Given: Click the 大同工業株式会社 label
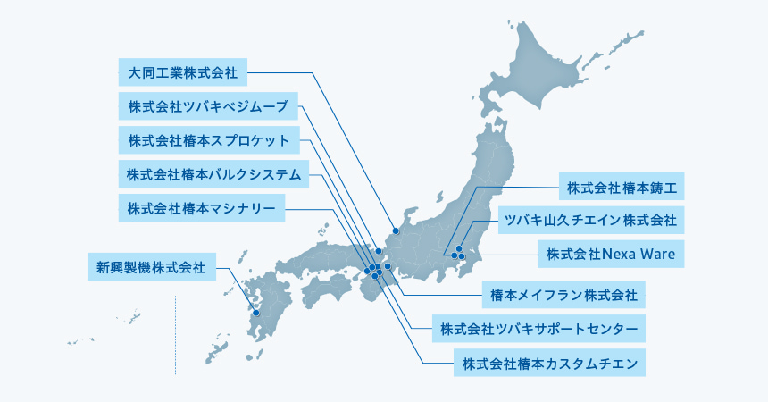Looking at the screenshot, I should click(x=182, y=71).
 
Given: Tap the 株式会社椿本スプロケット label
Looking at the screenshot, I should click(x=209, y=140).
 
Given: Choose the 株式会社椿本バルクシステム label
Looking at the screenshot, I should click(x=214, y=174).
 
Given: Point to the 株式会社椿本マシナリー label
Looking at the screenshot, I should click(x=202, y=209).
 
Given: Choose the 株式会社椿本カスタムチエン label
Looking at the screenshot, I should click(x=549, y=363).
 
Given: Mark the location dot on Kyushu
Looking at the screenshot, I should click(x=256, y=313).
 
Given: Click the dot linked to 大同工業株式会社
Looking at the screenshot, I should click(x=395, y=230).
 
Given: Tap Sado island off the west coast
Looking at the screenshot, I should click(x=439, y=196).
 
